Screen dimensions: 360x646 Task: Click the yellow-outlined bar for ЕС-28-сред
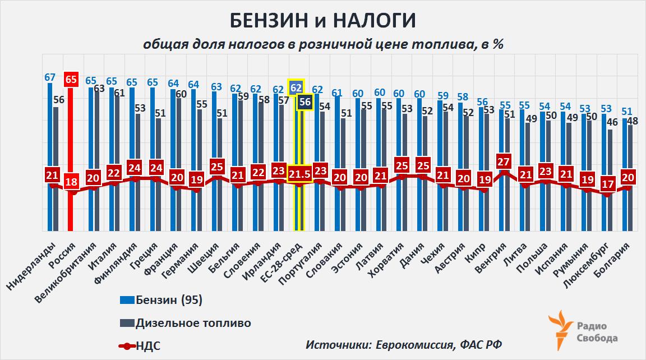pos(299,207)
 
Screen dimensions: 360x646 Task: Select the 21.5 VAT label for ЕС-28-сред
pos(299,175)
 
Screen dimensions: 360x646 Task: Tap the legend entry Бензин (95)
pos(168,301)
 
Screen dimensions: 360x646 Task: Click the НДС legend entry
pos(147,345)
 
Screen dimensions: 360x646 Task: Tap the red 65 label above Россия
pos(71,79)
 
